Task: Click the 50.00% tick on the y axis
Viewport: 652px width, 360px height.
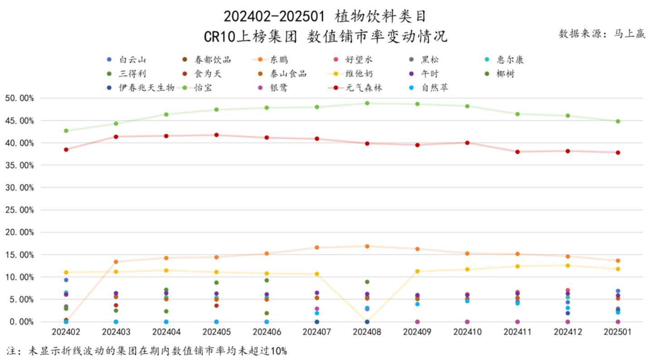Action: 19,98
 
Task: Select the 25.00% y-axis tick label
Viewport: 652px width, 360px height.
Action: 19,210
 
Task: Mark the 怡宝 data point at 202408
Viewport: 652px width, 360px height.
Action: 367,103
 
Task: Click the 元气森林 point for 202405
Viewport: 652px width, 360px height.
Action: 217,135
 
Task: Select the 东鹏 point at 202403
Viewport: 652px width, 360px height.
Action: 116,262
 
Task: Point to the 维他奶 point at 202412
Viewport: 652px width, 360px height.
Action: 568,266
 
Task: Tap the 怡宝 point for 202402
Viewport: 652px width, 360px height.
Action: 66,131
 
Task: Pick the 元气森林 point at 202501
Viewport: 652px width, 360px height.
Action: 618,153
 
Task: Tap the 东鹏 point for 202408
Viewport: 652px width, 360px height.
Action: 367,246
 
